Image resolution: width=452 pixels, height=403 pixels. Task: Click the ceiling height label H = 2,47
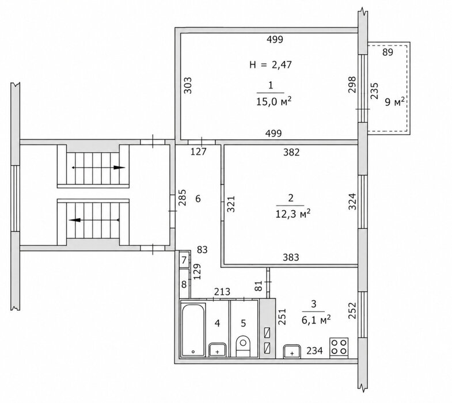point(271,64)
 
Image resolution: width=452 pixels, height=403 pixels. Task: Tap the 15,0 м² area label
point(274,101)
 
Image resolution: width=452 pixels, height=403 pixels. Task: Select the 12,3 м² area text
point(293,214)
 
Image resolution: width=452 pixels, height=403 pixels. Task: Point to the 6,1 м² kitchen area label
point(316,320)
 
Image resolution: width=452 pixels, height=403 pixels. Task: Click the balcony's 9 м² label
point(394,101)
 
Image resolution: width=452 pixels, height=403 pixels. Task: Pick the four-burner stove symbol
point(339,347)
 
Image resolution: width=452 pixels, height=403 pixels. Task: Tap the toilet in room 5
point(243,346)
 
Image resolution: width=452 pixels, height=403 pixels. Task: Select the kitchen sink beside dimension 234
point(292,351)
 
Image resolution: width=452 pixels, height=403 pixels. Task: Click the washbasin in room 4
point(217,350)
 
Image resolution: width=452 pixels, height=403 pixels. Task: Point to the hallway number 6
point(197,199)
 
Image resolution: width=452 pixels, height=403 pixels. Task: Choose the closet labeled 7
point(184,260)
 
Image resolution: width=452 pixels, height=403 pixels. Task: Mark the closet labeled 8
point(184,284)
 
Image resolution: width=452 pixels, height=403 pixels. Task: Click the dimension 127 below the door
point(199,151)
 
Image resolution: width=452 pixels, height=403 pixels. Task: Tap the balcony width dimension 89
point(388,52)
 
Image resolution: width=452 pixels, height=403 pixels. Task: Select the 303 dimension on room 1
point(188,85)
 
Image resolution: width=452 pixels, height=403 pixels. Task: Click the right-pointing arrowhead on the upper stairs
point(119,168)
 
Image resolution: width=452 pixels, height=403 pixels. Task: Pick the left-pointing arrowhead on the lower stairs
point(75,220)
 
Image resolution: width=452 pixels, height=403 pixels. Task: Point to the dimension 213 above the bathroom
point(222,292)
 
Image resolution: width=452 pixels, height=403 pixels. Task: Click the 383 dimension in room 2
point(291,257)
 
